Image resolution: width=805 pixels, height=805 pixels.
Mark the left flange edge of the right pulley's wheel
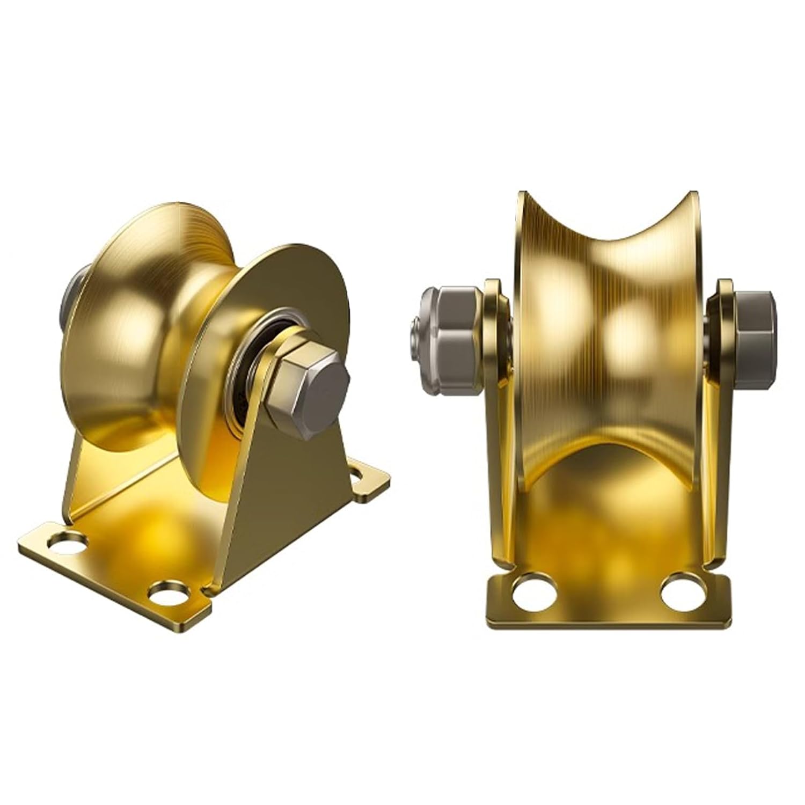[519, 322]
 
